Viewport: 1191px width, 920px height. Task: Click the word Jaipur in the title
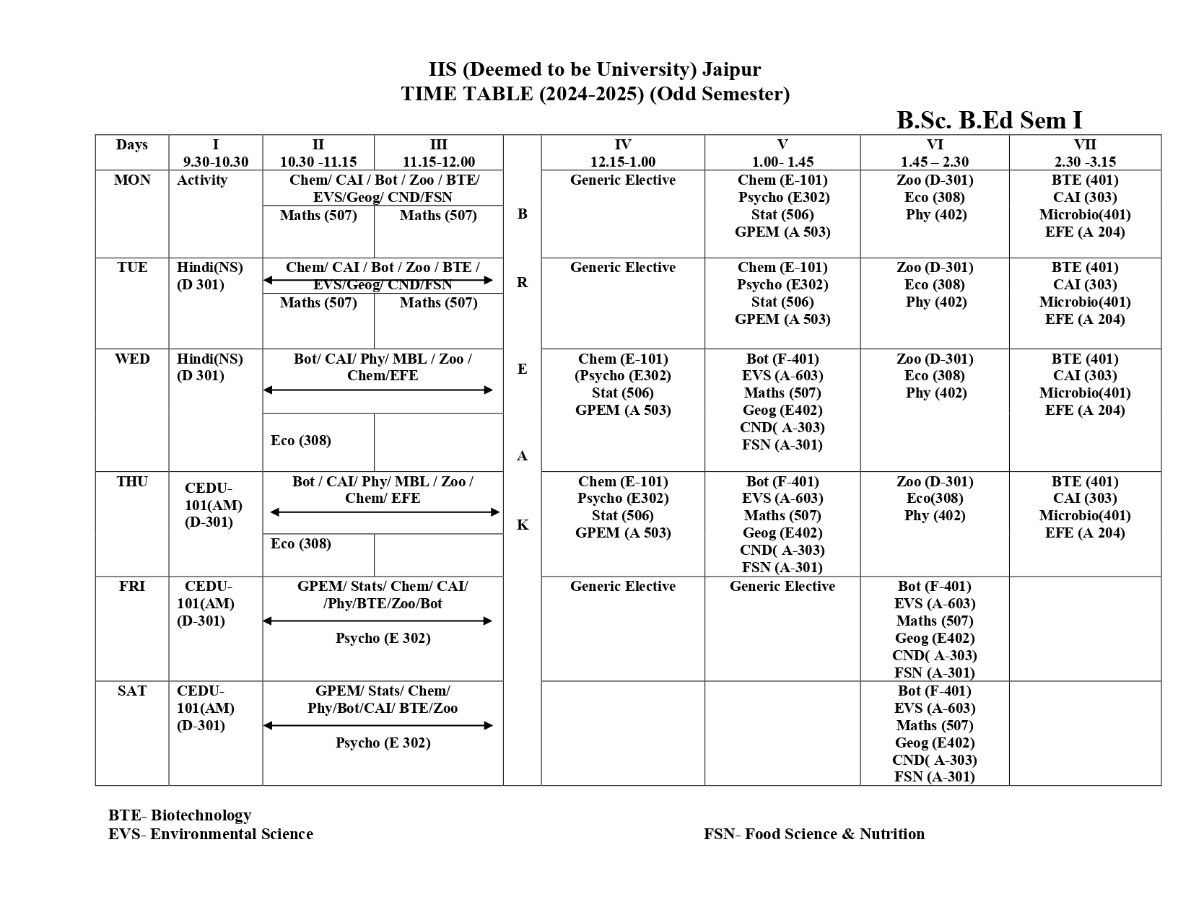tap(731, 69)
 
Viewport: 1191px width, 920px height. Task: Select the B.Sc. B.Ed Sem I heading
tap(989, 120)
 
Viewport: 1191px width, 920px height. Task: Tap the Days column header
tap(132, 145)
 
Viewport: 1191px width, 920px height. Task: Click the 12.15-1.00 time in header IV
tap(622, 162)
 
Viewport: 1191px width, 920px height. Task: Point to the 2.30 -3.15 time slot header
tap(1084, 162)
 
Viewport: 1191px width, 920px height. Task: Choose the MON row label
tap(132, 180)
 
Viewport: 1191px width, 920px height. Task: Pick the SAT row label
tap(132, 691)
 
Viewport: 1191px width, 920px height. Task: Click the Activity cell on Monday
tap(202, 180)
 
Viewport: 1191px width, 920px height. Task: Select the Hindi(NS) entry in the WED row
tap(210, 359)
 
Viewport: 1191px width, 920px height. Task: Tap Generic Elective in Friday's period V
tap(782, 587)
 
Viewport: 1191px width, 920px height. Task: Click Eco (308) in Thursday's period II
tap(301, 544)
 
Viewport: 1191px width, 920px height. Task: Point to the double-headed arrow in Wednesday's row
tap(378, 390)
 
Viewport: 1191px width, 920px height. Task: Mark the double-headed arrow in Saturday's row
tap(378, 726)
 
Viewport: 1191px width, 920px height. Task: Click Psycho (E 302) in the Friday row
tap(383, 639)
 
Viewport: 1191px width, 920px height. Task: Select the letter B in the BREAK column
tap(522, 214)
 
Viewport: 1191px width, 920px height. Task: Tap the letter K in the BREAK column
tap(522, 525)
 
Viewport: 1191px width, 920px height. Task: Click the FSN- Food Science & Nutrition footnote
tap(813, 834)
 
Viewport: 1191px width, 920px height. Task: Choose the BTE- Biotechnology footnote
tap(180, 815)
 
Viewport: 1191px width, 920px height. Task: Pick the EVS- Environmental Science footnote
tap(211, 834)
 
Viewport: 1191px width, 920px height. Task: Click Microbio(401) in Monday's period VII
tap(1084, 215)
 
